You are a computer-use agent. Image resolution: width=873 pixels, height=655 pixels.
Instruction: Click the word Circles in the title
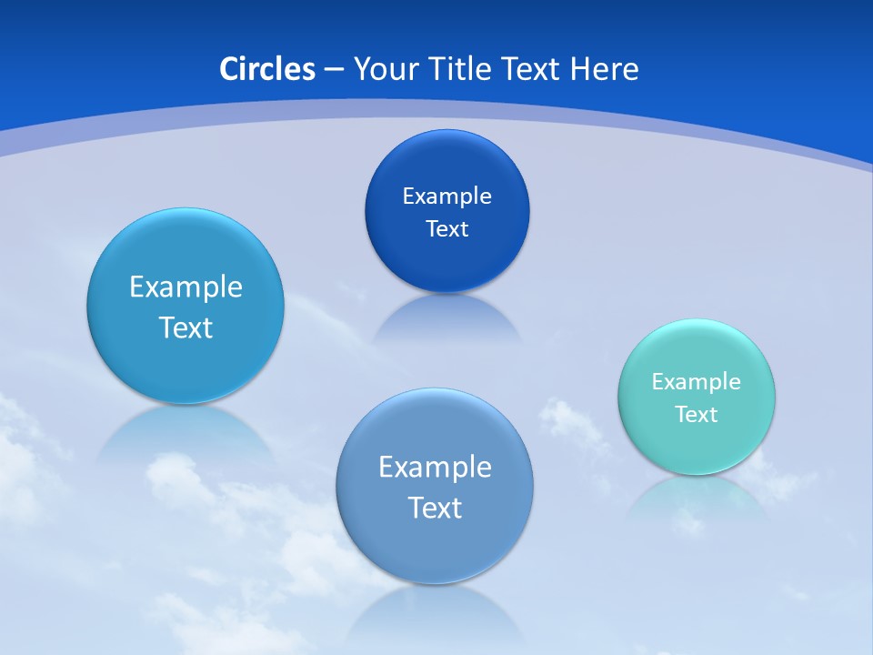266,69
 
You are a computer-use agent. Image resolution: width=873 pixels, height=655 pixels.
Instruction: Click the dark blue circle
447,211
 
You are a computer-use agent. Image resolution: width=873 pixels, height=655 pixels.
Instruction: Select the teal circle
697,397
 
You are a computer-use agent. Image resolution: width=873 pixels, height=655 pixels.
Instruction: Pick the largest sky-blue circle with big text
186,306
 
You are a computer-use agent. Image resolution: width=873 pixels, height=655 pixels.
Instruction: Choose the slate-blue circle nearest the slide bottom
435,486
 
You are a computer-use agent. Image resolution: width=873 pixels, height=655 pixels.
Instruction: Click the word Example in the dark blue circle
447,196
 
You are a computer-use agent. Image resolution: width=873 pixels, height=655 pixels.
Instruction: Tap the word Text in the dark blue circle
447,228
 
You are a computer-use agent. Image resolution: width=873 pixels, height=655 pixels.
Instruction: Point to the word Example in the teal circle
697,381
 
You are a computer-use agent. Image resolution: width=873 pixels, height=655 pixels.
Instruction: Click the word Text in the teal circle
697,414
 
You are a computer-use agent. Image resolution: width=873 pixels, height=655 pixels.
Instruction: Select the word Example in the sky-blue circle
186,287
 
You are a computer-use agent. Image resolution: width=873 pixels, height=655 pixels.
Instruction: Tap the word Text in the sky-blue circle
186,327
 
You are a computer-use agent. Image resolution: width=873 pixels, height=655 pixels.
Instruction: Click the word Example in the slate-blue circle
435,467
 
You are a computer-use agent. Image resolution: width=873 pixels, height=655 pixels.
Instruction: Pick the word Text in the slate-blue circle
435,508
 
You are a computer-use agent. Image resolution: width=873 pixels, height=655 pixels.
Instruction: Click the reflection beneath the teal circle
697,499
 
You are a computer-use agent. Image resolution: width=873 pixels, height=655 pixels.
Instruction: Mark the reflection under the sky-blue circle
186,432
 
